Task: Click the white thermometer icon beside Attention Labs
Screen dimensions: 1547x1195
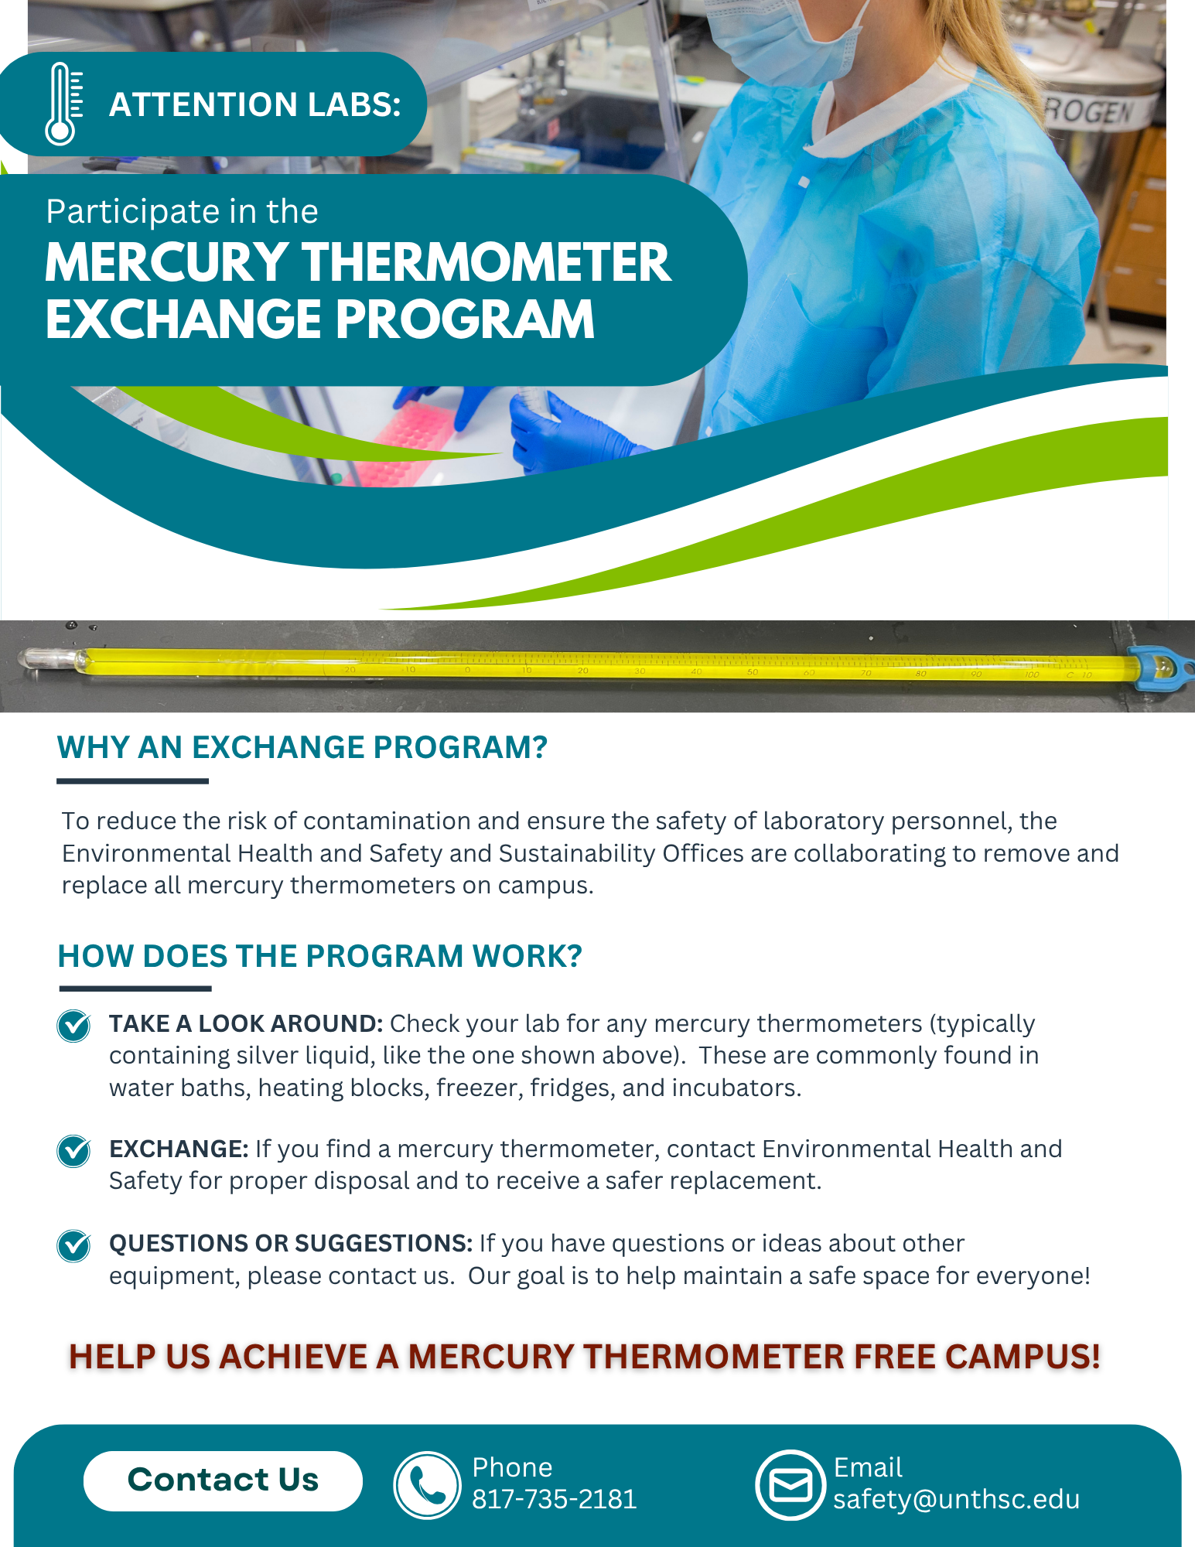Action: coord(63,104)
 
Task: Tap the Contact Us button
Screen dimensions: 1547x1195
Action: coord(223,1480)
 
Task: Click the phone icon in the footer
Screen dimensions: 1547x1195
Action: coord(427,1484)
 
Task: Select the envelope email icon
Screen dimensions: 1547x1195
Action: coord(790,1484)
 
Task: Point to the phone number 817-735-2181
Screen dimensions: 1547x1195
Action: coord(554,1499)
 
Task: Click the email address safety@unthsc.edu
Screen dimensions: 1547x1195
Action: coord(956,1499)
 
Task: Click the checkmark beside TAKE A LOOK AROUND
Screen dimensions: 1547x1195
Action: coord(74,1026)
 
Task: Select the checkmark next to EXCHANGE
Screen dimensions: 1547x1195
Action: coord(74,1151)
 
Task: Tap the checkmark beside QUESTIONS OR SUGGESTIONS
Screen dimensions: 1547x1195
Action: coord(74,1245)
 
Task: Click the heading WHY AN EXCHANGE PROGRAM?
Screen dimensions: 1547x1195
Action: coord(302,748)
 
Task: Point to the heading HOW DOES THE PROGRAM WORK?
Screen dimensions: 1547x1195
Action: coord(319,957)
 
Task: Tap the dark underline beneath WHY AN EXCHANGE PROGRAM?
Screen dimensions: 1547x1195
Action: coord(132,781)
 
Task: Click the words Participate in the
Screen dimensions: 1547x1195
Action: coord(182,212)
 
